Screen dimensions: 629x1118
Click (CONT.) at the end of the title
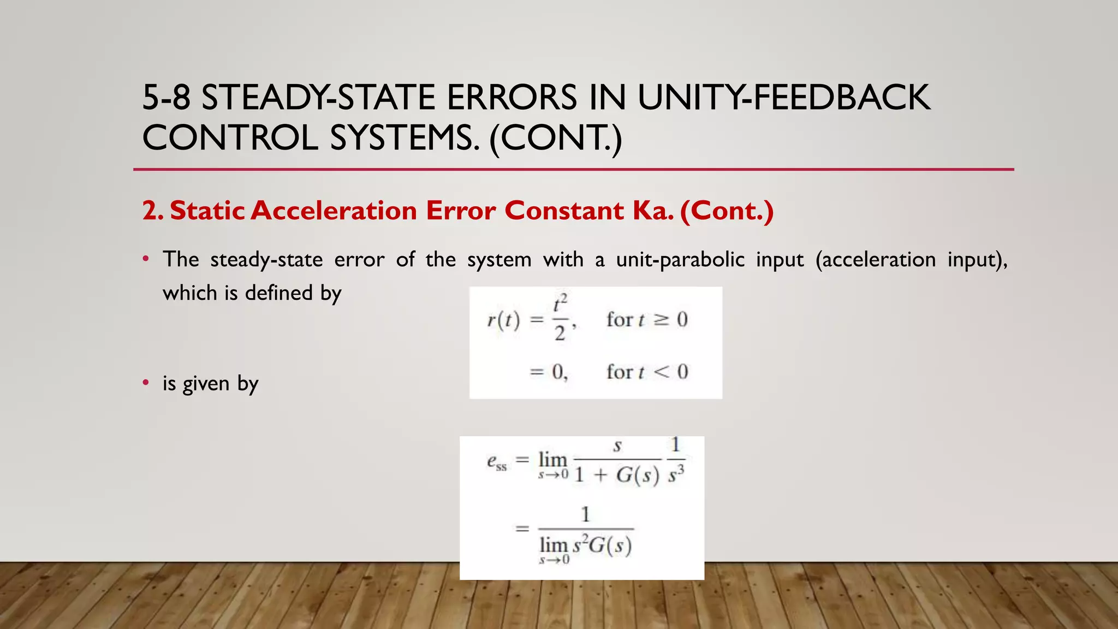[556, 138]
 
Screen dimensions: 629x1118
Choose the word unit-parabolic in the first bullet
[680, 259]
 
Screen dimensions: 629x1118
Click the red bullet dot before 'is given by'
[146, 383]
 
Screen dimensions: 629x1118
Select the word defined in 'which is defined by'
[278, 293]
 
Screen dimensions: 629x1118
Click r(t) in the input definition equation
[503, 320]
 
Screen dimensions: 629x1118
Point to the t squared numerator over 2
[561, 304]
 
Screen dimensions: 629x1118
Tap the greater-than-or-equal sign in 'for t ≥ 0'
[661, 319]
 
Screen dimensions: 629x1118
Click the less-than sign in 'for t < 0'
[661, 372]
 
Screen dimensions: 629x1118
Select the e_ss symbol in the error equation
[496, 462]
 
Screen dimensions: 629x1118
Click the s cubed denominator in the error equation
[676, 474]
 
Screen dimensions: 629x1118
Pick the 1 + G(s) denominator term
[617, 475]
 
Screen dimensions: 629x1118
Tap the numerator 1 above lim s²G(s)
[585, 514]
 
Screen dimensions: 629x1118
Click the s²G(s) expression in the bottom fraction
[602, 545]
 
